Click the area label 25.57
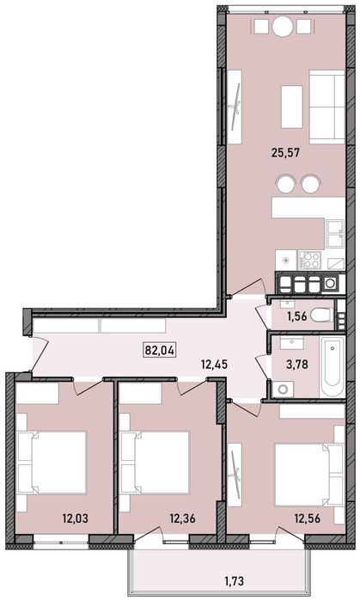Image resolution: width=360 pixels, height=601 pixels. pyautogui.click(x=284, y=156)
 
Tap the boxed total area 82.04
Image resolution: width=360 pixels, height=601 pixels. pyautogui.click(x=157, y=349)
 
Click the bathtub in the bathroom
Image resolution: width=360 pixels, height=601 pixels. pyautogui.click(x=331, y=366)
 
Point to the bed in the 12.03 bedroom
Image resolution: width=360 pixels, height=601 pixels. pyautogui.click(x=52, y=463)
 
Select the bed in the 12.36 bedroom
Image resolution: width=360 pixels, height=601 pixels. pyautogui.click(x=156, y=463)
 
